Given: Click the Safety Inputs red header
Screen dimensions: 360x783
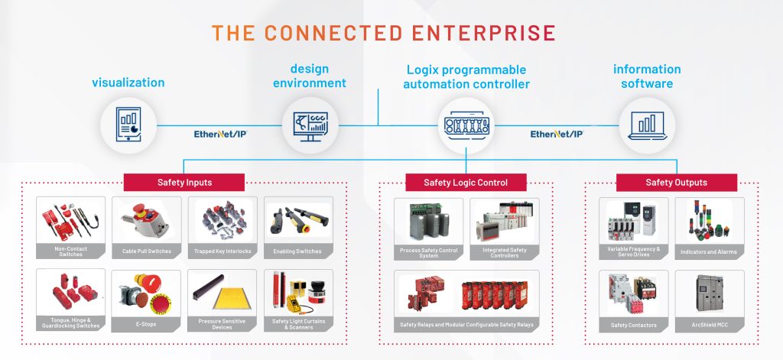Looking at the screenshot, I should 184,183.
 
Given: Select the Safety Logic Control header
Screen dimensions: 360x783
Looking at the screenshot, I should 465,183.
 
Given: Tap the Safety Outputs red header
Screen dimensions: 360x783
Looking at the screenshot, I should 676,183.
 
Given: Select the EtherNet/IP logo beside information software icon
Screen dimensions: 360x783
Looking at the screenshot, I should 557,134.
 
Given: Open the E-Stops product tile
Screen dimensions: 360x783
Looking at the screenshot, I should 146,300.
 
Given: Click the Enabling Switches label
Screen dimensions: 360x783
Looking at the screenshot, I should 297,251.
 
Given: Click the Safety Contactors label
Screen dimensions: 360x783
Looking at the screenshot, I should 634,325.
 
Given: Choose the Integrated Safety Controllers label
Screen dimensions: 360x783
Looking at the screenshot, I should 505,253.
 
